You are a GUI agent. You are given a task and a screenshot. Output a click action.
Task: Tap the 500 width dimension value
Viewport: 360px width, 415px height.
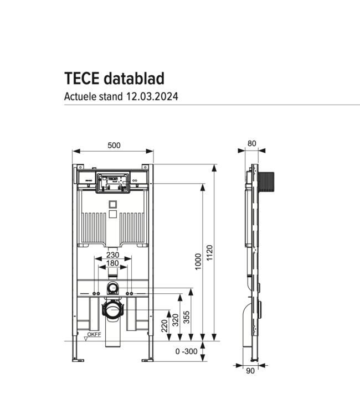114,146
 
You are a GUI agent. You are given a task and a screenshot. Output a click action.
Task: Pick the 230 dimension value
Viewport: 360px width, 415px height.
113,255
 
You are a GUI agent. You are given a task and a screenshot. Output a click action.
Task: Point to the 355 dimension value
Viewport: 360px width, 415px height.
187,317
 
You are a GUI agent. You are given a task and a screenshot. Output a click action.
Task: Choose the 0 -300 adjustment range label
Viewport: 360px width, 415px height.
186,351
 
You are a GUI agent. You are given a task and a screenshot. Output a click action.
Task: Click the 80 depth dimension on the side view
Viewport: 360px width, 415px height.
252,143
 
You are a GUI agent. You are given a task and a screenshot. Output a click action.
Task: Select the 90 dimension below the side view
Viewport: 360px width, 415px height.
250,371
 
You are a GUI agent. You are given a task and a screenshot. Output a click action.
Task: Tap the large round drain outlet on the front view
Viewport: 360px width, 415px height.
114,308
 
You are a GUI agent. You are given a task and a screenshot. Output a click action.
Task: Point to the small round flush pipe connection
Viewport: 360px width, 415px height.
113,287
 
